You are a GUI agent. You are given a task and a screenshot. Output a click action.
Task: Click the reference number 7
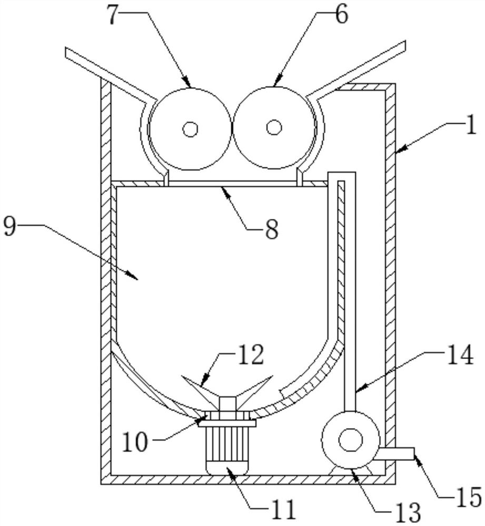114,15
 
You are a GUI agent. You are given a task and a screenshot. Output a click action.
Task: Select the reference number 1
471,125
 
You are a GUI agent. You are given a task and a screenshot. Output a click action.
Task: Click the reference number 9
9,226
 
